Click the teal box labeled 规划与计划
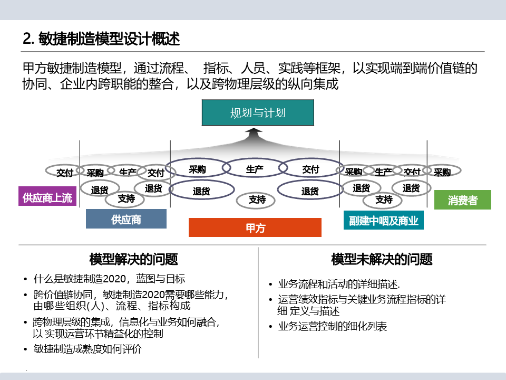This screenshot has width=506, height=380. pos(258,113)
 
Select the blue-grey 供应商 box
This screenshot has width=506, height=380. pos(126,219)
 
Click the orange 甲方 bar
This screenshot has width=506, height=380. pos(255,227)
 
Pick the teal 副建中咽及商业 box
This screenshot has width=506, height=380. pos(384,220)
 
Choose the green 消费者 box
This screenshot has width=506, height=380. pos(462,200)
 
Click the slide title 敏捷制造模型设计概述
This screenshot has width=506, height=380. pos(102,39)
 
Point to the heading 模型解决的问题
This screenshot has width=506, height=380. pos(134,259)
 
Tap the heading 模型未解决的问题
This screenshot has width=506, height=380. pos(382,259)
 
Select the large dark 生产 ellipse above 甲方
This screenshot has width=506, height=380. pos(255,169)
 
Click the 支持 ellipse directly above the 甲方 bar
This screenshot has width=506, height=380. pos(257,199)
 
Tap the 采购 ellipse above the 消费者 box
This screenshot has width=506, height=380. pos(442,172)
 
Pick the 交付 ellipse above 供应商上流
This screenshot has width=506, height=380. pos(65,172)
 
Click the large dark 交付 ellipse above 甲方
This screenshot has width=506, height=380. pos(310,169)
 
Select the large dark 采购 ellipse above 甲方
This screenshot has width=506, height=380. pos(197,169)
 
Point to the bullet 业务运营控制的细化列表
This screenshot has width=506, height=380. pos(332,327)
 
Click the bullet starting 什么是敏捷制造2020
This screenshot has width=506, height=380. pos(109,279)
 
